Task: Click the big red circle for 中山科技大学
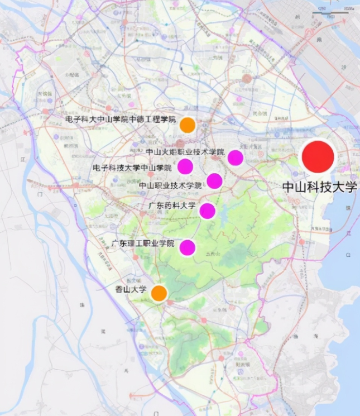[318, 157]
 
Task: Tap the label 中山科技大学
[319, 187]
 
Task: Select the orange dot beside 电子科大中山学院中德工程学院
[188, 125]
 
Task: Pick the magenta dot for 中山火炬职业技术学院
[236, 158]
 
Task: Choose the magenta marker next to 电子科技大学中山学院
[185, 166]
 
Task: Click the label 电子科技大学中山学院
[132, 168]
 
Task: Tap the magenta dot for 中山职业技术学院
[214, 181]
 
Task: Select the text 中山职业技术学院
[170, 185]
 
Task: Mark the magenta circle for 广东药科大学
[207, 211]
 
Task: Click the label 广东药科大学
[172, 206]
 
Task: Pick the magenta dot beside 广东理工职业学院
[188, 247]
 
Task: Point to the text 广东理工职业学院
[143, 244]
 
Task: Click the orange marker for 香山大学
[159, 293]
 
